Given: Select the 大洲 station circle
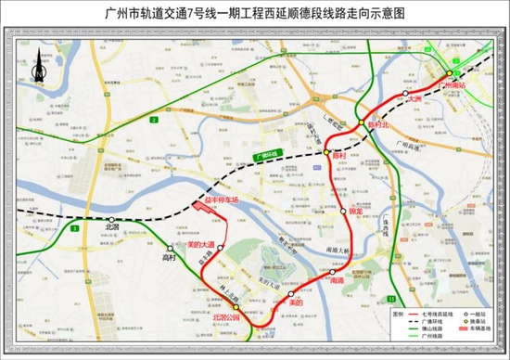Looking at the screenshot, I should coord(401,96).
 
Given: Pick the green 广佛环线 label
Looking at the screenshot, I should coord(264,154).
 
